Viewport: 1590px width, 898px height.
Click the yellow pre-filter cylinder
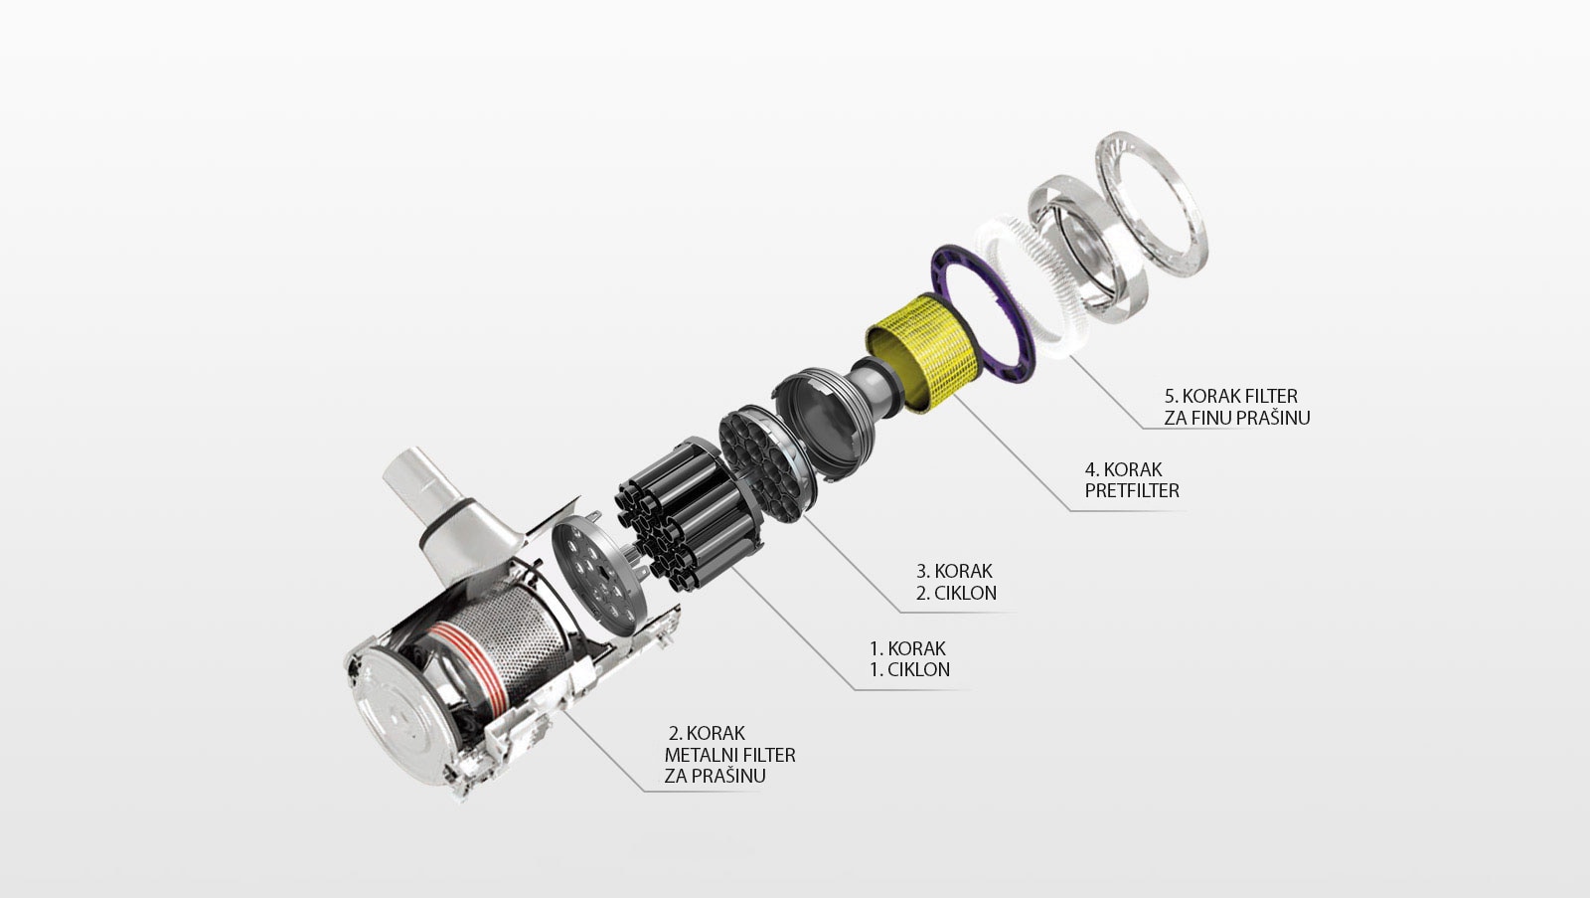click(924, 352)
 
